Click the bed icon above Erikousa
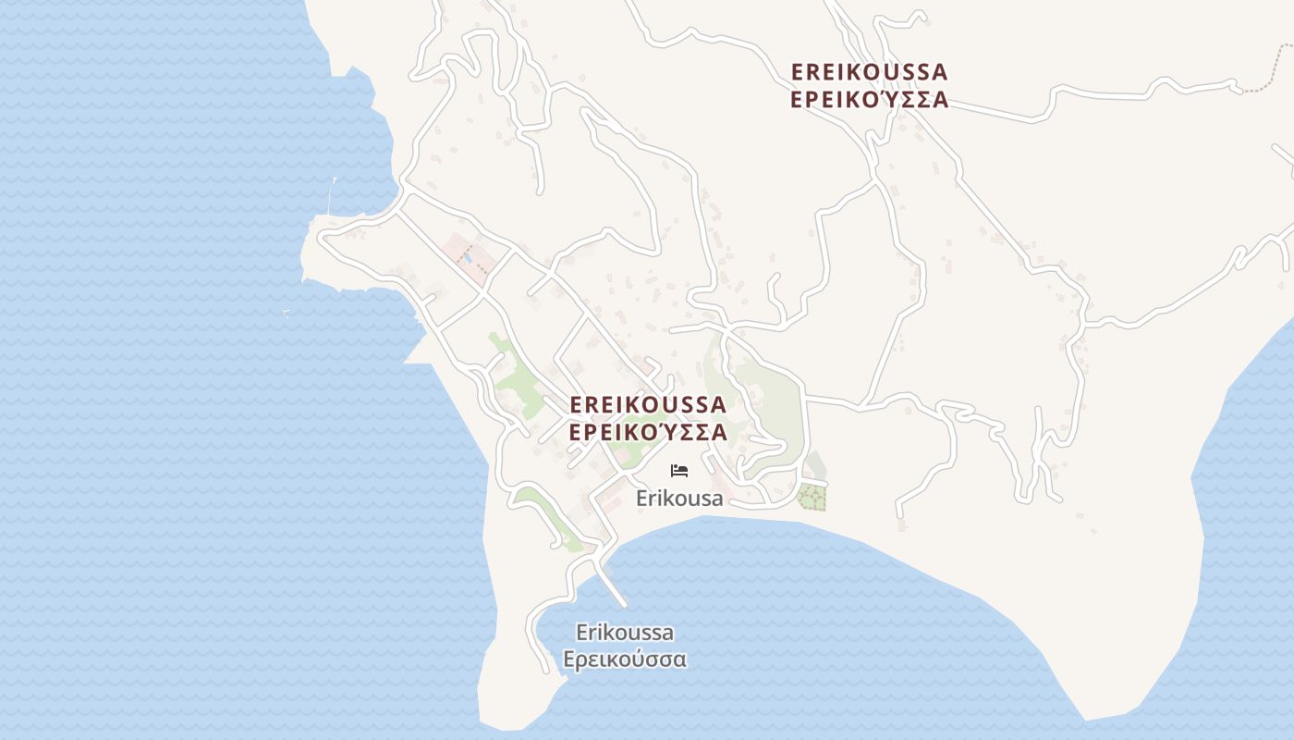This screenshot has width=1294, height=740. pyautogui.click(x=679, y=471)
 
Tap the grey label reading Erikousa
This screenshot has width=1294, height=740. pyautogui.click(x=679, y=499)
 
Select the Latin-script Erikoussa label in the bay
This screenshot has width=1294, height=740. pyautogui.click(x=625, y=634)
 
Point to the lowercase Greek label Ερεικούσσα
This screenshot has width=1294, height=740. pyautogui.click(x=625, y=660)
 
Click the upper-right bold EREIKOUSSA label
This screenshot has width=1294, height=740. pyautogui.click(x=869, y=72)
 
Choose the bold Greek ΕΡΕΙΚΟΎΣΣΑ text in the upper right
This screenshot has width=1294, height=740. pyautogui.click(x=869, y=100)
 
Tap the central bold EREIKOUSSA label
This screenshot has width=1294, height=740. pyautogui.click(x=648, y=405)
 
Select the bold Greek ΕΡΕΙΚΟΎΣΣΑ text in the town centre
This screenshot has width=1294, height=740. pyautogui.click(x=648, y=432)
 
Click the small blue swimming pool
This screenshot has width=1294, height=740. pyautogui.click(x=469, y=258)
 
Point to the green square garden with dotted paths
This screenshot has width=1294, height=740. pyautogui.click(x=812, y=497)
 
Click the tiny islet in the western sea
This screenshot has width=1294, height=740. pyautogui.click(x=286, y=313)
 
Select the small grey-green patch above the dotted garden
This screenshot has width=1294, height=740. pyautogui.click(x=814, y=465)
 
